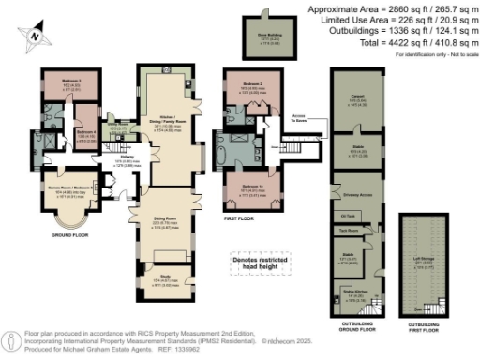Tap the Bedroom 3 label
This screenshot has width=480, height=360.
tap(71, 82)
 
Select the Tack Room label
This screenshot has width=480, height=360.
tap(352, 231)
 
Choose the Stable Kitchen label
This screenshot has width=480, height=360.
tap(355, 292)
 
